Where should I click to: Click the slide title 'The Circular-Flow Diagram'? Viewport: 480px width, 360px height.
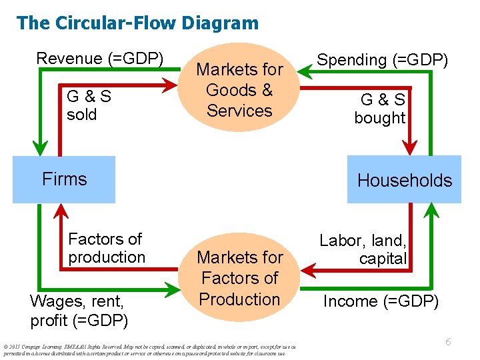click(x=137, y=23)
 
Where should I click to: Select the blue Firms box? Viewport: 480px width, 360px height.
click(x=64, y=179)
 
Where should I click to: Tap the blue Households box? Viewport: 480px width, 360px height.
click(x=404, y=180)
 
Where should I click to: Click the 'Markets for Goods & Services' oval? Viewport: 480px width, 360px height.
click(x=239, y=90)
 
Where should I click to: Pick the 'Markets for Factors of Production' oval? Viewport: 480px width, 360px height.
click(x=239, y=278)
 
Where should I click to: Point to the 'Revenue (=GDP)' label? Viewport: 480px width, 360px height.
click(x=100, y=59)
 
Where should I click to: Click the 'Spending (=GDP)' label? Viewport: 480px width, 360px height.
click(x=383, y=60)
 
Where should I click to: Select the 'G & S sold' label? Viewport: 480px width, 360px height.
click(x=89, y=105)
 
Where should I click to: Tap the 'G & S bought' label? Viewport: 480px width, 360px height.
click(x=380, y=109)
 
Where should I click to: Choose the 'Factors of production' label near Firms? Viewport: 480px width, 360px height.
click(x=107, y=248)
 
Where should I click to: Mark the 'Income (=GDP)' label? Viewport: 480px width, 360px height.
click(x=381, y=301)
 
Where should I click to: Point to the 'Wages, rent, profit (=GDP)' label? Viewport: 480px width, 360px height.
click(x=79, y=311)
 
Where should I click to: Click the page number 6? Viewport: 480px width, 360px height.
click(x=449, y=342)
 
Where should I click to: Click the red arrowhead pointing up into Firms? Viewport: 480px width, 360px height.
click(x=62, y=211)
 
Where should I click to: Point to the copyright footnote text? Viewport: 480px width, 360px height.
click(x=147, y=350)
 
